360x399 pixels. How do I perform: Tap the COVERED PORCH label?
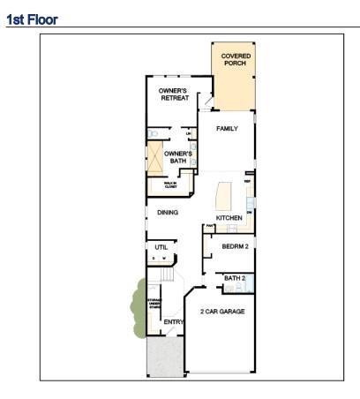pyautogui.click(x=235, y=60)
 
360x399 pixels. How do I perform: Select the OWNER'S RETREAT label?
pyautogui.click(x=174, y=94)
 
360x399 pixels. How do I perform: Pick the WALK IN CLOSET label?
pyautogui.click(x=170, y=185)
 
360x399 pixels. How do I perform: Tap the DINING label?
pyautogui.click(x=168, y=213)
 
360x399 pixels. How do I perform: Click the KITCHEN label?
pyautogui.click(x=229, y=218)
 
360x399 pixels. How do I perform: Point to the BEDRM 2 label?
pyautogui.click(x=235, y=247)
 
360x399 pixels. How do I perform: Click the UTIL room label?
pyautogui.click(x=161, y=247)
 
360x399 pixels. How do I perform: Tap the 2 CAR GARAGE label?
pyautogui.click(x=221, y=312)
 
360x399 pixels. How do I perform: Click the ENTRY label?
pyautogui.click(x=174, y=322)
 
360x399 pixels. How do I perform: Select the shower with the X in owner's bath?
pyautogui.click(x=157, y=160)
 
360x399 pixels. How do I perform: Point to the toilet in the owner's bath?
pyautogui.click(x=153, y=134)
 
